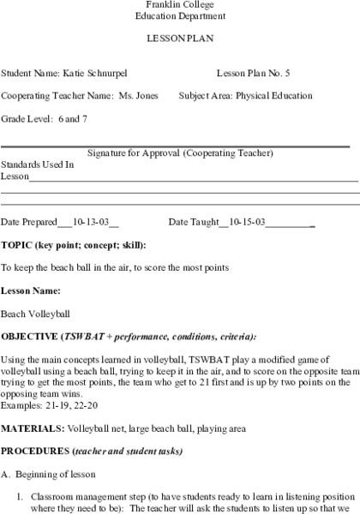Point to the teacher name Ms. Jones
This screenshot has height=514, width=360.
[139, 96]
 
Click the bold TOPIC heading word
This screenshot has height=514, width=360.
[17, 245]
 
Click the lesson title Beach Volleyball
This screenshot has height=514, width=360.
[36, 314]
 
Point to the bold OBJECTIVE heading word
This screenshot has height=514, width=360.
[29, 336]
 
